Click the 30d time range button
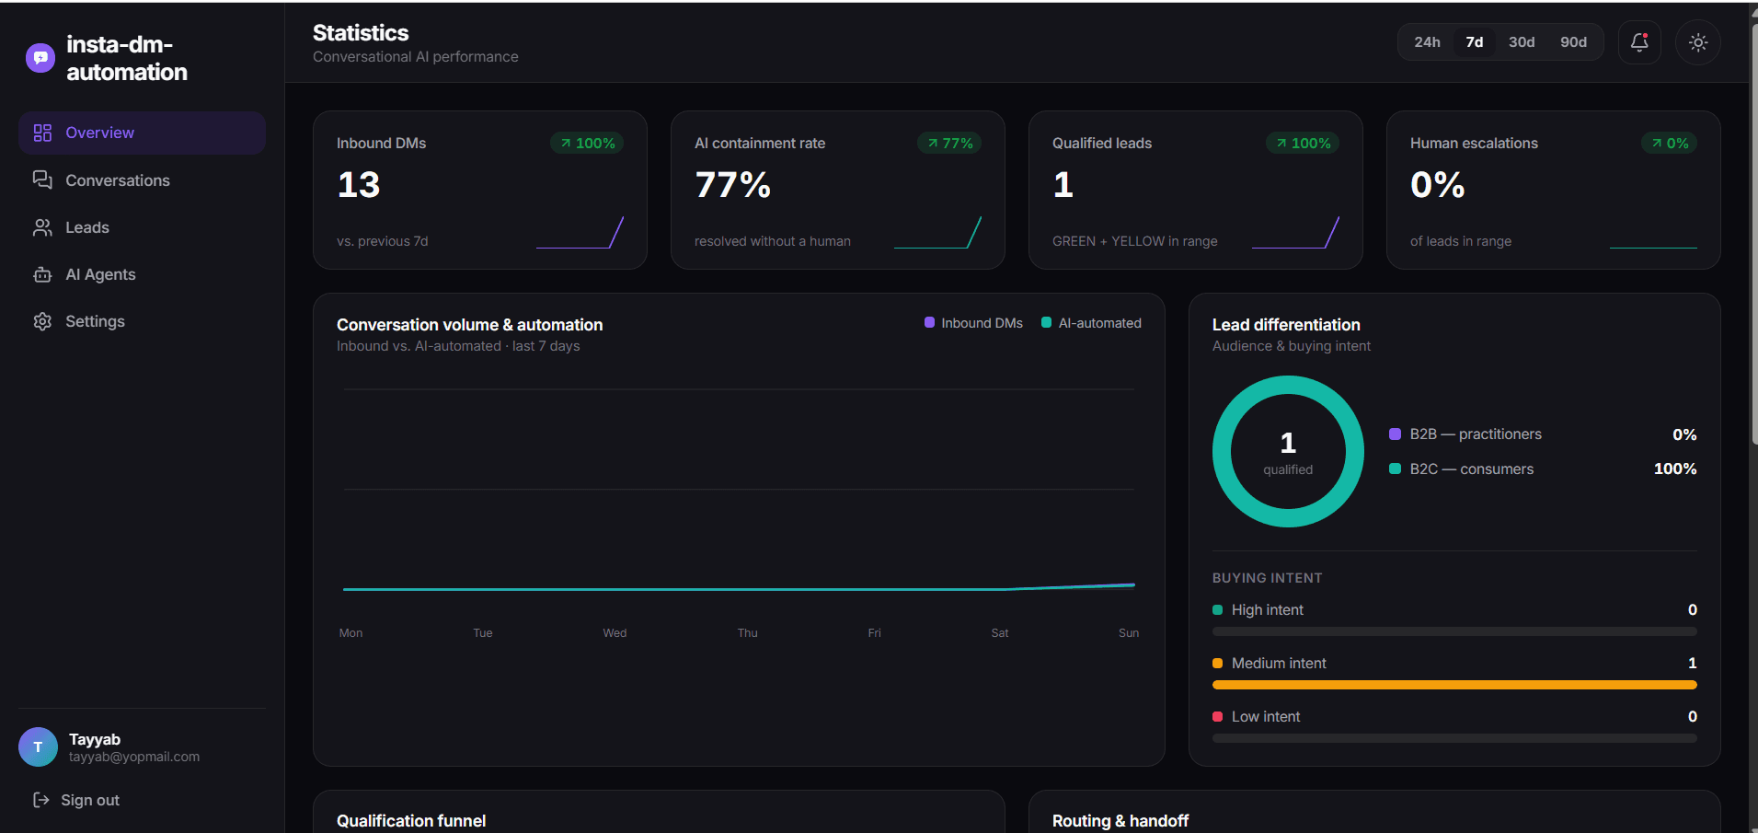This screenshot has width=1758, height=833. pos(1522,42)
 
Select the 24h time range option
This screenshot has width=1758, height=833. pos(1427,42)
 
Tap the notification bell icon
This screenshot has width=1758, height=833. pos(1639,42)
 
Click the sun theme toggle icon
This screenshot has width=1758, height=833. pos(1698,42)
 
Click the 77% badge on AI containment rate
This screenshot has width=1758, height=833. pos(949,144)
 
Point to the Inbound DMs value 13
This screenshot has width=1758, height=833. pos(359,185)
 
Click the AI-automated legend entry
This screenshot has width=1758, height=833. pos(1091,323)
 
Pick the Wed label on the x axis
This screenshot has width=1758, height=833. pos(615,633)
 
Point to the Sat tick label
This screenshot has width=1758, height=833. pos(1000,633)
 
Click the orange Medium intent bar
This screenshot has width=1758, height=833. pos(1454,685)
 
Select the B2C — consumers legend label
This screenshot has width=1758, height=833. pos(1471,469)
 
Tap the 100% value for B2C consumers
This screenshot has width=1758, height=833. pos(1675,469)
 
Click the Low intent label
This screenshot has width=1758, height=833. pos(1266,717)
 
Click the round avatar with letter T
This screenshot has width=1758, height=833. pos(38,747)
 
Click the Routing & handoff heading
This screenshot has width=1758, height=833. pos(1120,821)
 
